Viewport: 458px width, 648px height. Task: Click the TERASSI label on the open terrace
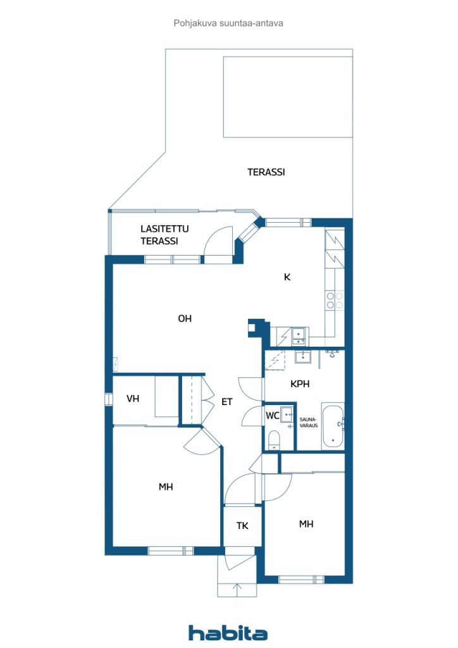point(266,172)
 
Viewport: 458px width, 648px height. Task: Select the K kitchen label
point(287,277)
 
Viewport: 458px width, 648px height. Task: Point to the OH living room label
point(185,319)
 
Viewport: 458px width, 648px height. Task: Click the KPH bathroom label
point(300,384)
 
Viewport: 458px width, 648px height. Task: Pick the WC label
point(273,416)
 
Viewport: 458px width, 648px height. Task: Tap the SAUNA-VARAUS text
point(309,422)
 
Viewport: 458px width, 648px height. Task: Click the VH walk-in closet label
point(133,399)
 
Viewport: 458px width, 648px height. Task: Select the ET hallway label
point(226,402)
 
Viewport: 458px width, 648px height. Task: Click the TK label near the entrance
point(242,526)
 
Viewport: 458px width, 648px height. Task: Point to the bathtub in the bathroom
point(333,427)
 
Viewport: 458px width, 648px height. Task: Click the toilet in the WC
point(274,440)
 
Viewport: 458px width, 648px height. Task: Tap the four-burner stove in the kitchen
point(335,301)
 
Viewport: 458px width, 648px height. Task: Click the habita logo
point(228,632)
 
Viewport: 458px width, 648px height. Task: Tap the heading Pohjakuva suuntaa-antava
point(228,23)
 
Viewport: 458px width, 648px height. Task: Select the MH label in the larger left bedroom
point(166,487)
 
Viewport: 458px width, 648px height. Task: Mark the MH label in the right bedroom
point(306,524)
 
